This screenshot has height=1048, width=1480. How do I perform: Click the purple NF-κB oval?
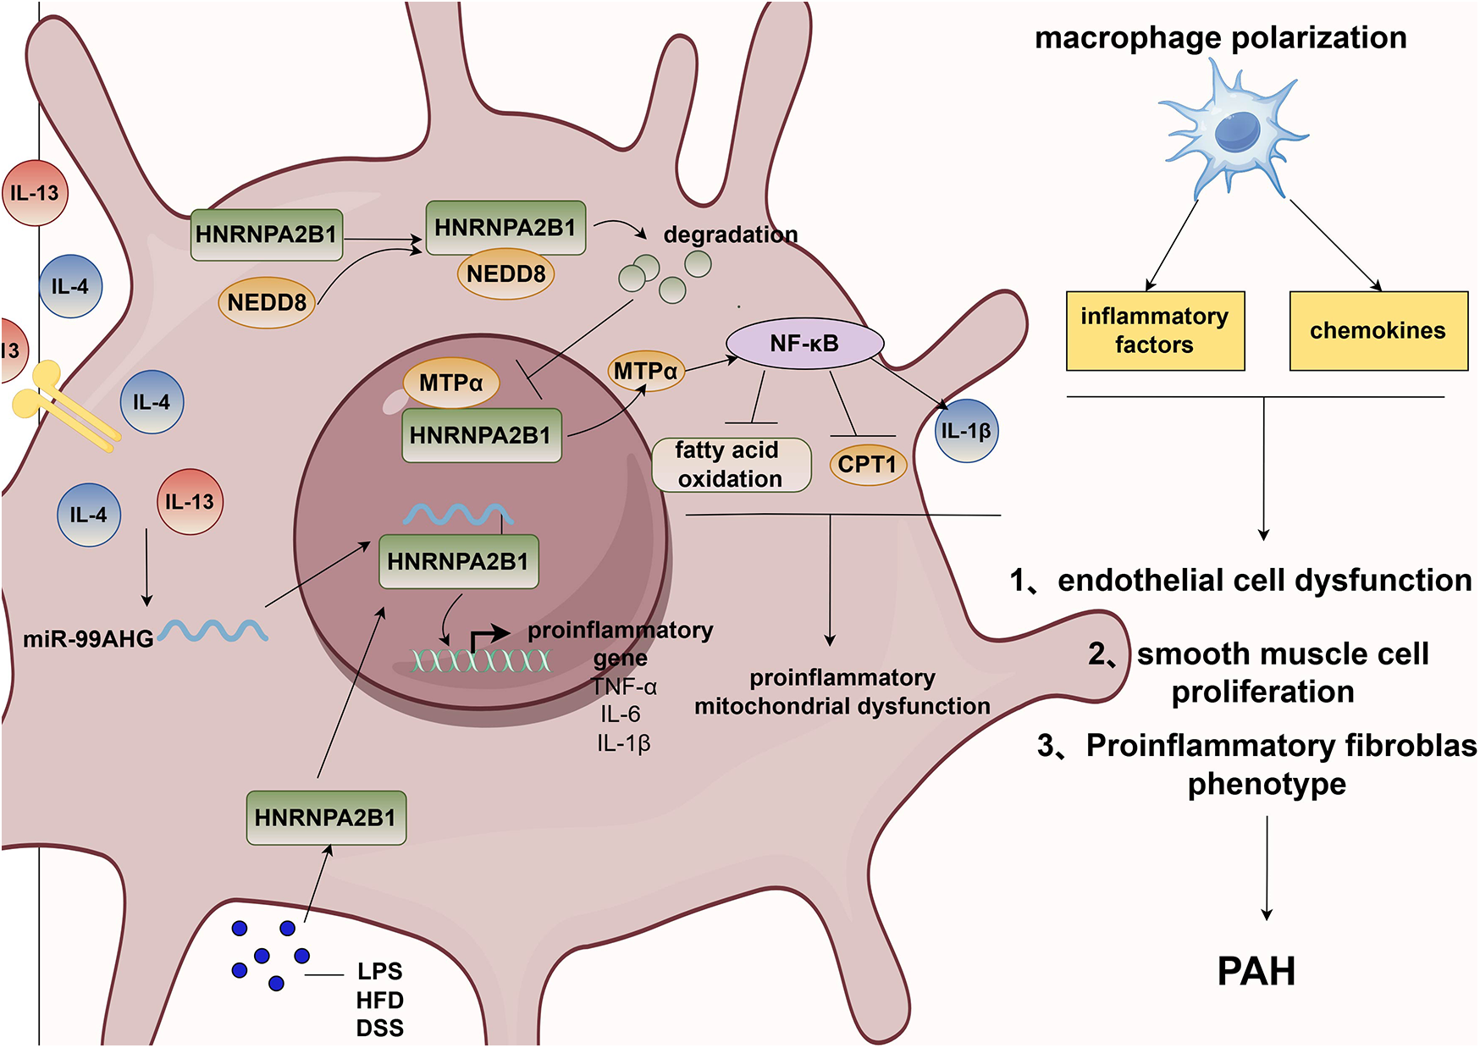804,344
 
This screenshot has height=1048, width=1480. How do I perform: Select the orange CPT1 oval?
867,465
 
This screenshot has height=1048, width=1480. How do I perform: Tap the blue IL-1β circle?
966,431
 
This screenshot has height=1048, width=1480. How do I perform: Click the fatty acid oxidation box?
731,465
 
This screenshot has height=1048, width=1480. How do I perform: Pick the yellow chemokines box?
1378,331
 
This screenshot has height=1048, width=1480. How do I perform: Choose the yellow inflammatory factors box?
1155,331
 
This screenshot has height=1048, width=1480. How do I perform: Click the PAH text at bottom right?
1256,971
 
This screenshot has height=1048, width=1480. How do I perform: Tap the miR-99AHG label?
88,639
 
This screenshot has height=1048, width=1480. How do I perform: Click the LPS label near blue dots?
379,971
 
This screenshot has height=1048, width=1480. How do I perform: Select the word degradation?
730,234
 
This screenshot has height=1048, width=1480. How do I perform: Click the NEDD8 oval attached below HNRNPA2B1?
505,274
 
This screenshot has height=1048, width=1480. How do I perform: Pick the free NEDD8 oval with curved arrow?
267,302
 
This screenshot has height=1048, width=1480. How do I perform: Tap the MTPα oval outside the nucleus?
645,371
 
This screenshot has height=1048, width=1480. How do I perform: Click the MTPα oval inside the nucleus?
450,383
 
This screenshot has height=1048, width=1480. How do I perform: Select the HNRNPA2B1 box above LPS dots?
326,818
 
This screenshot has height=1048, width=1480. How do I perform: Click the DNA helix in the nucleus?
481,660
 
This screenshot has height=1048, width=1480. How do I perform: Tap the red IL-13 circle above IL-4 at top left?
35,193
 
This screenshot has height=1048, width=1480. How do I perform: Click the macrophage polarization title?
1220,38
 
